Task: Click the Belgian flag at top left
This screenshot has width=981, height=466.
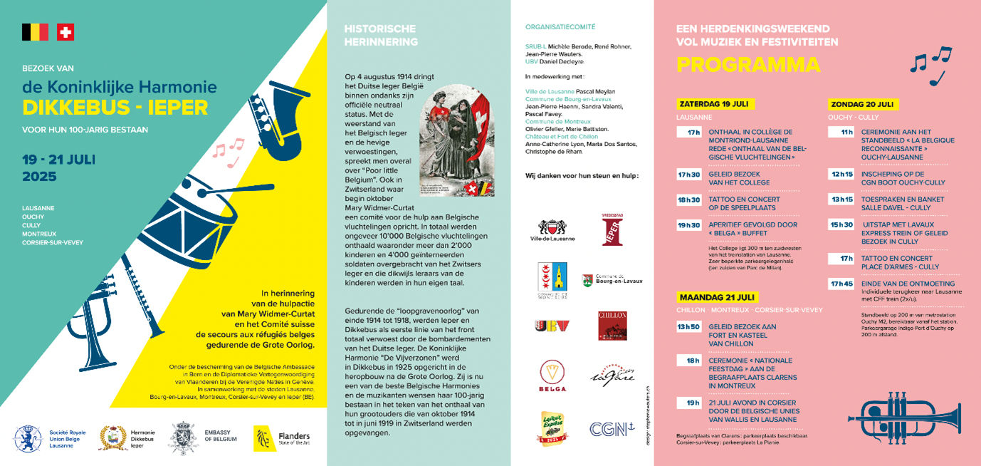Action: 35,32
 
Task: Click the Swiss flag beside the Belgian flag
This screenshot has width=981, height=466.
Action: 65,32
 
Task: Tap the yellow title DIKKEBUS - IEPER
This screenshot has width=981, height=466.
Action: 115,108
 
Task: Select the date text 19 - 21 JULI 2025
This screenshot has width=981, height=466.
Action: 58,167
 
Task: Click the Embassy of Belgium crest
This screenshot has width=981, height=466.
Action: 182,437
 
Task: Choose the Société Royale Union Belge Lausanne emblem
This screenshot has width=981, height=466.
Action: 28,438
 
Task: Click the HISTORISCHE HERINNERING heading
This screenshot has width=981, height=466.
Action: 381,35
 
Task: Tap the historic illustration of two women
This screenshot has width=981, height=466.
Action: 456,143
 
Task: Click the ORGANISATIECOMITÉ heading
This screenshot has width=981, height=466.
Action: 560,26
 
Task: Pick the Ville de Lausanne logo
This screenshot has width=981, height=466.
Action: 552,229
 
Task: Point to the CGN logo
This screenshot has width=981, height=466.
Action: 612,429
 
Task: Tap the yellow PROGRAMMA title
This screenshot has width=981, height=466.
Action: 747,65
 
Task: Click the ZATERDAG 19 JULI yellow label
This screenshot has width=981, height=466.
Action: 715,103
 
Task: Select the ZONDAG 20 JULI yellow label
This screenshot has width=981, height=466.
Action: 863,104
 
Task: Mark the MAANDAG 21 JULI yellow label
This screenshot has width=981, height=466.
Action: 717,297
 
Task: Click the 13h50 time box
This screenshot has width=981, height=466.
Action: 689,326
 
